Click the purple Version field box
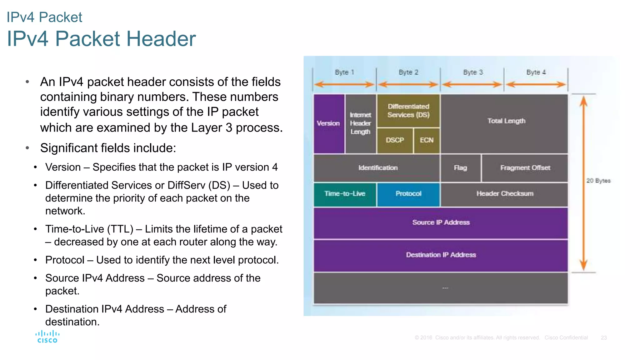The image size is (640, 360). (x=329, y=123)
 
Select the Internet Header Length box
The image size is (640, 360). (x=361, y=123)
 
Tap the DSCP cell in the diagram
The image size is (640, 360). (x=395, y=140)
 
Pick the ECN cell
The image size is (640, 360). (x=427, y=140)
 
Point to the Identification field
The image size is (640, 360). (x=377, y=168)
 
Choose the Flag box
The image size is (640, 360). (x=460, y=168)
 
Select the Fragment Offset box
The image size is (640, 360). (x=525, y=168)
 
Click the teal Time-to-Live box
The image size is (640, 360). (x=345, y=194)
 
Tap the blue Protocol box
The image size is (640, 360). (x=408, y=194)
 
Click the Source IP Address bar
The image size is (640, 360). (x=441, y=222)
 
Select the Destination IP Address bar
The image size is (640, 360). (x=441, y=255)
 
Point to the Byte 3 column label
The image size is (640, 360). (x=473, y=72)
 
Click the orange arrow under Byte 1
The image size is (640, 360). (x=344, y=84)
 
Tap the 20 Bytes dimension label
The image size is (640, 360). (x=598, y=181)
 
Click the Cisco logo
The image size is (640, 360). (x=47, y=337)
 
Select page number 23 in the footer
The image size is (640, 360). (x=604, y=338)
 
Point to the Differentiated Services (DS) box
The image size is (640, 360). (x=408, y=111)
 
